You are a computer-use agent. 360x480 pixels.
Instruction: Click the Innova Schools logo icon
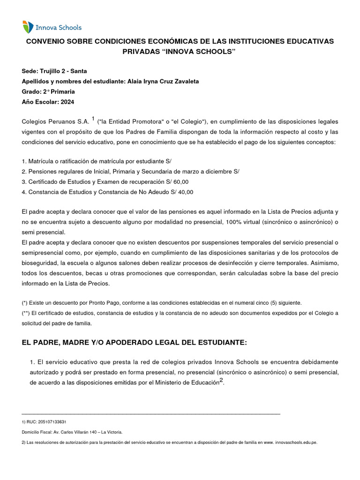click(28, 27)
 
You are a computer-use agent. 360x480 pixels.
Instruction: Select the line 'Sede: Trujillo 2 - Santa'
click(54, 71)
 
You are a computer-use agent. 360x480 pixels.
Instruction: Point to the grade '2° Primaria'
click(59, 92)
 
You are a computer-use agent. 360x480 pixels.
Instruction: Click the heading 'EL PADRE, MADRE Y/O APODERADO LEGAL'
click(134, 343)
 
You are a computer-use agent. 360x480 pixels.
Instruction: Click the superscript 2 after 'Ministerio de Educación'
click(222, 381)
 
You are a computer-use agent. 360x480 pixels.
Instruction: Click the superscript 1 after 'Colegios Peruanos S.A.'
click(93, 119)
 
